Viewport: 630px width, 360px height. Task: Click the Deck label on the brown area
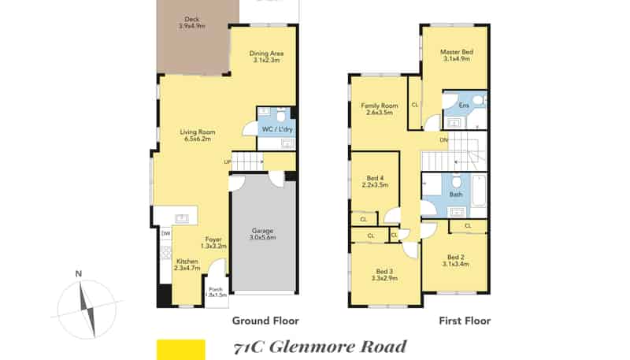coord(191,23)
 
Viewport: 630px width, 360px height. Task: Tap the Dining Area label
coord(266,57)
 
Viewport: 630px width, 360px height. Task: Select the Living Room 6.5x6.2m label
coord(198,135)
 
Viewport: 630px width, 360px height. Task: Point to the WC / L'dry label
coord(277,129)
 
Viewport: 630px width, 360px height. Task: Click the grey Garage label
coord(263,234)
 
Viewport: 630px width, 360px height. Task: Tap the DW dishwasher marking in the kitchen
coord(165,233)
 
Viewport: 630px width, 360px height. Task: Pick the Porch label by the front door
coord(216,292)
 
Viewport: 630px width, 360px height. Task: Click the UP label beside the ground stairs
coord(228,162)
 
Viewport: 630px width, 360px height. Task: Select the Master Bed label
coord(457,55)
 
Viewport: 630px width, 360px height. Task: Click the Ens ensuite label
coord(464,106)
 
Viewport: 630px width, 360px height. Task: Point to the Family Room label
coord(380,109)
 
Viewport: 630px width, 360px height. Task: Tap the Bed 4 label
coord(375,182)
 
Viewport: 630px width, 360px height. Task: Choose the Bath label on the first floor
coord(456,195)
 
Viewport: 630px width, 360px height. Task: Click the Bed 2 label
coord(456,261)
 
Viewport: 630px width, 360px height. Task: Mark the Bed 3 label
coord(384,275)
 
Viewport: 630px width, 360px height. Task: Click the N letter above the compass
coord(79,274)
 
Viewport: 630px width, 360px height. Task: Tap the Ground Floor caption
coord(265,321)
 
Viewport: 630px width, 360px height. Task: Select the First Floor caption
coord(465,321)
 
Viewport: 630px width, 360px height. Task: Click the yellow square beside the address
coord(181,350)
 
